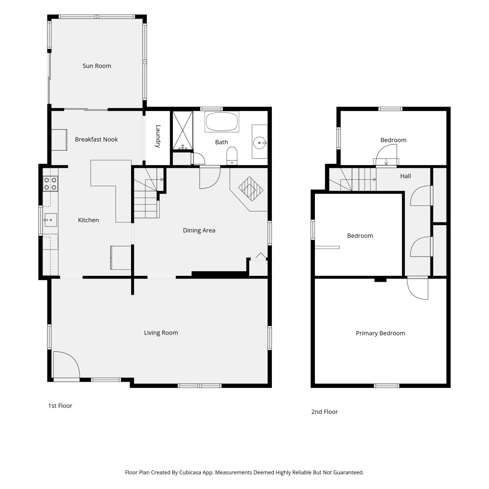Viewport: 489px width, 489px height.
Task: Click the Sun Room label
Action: [x=97, y=66]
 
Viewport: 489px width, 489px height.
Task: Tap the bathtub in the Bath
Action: [x=222, y=122]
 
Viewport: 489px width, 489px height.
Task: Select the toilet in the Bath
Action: [x=232, y=156]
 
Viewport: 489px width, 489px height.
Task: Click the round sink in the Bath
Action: [x=260, y=143]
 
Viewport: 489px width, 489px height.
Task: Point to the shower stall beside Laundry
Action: [x=183, y=130]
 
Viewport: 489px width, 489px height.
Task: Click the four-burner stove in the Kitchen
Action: [x=51, y=184]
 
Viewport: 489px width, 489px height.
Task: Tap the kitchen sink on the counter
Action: [x=51, y=220]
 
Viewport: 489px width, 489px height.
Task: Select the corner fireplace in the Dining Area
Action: [x=250, y=189]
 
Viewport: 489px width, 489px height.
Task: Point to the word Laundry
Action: [x=158, y=136]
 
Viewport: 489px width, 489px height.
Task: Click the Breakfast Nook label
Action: [x=96, y=140]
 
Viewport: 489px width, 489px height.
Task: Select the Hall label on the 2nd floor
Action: [x=406, y=176]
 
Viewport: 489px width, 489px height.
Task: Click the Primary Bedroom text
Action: [x=380, y=333]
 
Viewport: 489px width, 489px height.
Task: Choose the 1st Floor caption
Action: [x=60, y=406]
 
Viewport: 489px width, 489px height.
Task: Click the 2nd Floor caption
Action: [x=325, y=412]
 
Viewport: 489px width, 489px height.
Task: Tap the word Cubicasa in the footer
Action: [x=190, y=472]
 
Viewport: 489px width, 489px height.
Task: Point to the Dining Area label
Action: [x=199, y=230]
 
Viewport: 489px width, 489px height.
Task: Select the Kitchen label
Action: [x=88, y=220]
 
